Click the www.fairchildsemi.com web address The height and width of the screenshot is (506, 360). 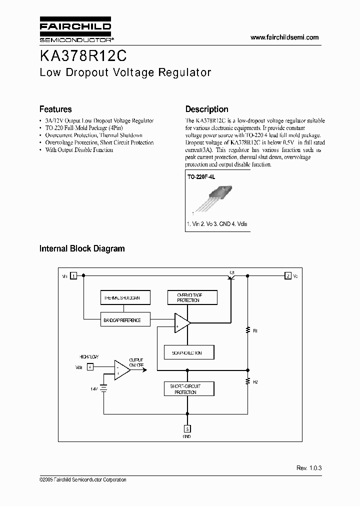tap(284, 37)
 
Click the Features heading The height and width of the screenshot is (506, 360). tap(55, 109)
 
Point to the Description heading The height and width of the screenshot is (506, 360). tap(206, 109)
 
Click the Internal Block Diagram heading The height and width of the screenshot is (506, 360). tap(82, 248)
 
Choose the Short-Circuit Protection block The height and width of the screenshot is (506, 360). tap(189, 389)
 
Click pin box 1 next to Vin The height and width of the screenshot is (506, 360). tap(73, 275)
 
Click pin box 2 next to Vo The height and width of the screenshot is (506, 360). tap(288, 275)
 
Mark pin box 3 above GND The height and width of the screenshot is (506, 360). tap(186, 428)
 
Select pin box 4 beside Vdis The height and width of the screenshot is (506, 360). tap(90, 366)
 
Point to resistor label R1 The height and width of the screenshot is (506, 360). tap(255, 331)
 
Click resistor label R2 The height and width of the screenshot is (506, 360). tap(255, 382)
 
